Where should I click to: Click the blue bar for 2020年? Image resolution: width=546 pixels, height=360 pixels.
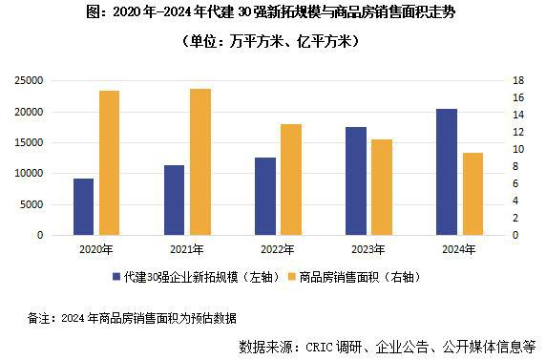83,206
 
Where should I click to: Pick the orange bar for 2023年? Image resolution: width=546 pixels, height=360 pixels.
382,187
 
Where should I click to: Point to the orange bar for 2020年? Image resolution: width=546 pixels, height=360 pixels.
110,162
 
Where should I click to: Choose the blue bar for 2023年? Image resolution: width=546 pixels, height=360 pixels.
355,180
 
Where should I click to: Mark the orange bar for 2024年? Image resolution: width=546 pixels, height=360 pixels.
472,194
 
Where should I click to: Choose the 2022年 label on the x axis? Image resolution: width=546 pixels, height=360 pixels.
278,248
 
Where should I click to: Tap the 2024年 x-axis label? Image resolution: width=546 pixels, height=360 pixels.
459,248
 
